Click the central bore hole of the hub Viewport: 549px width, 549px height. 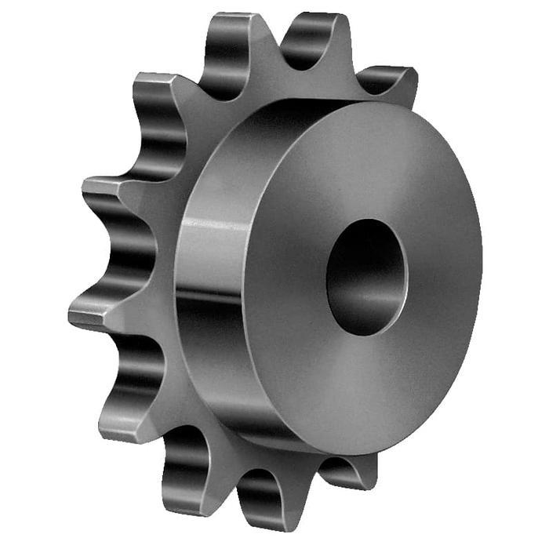point(367,276)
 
